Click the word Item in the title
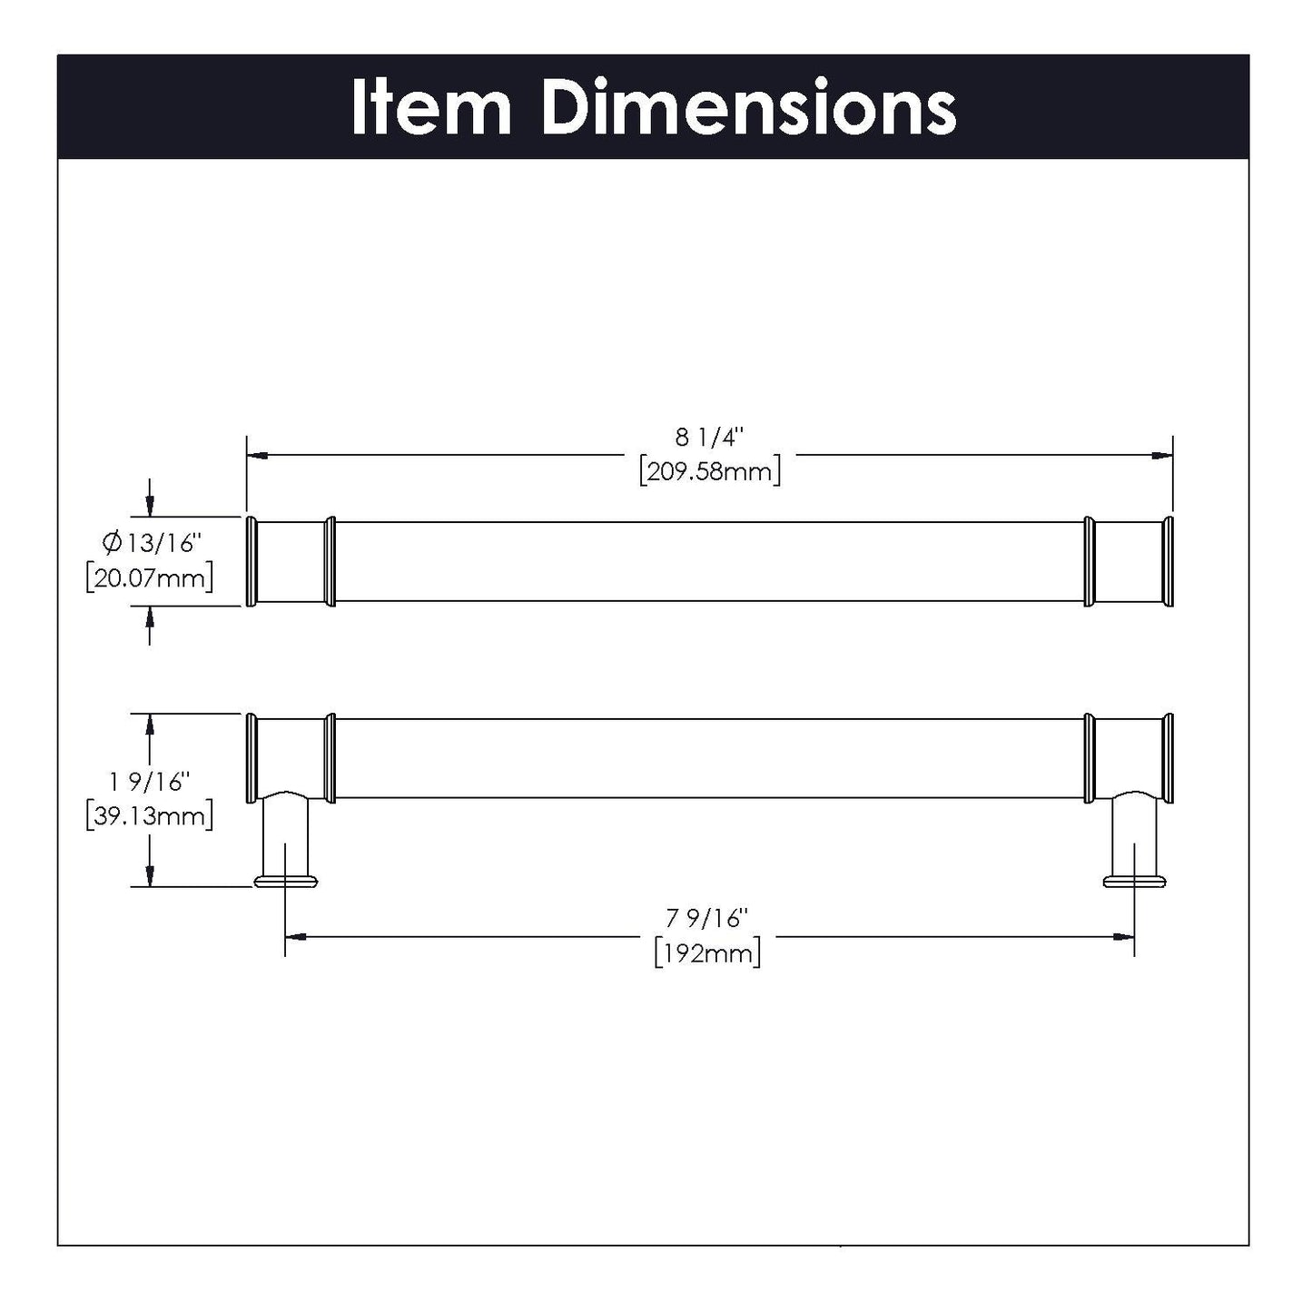pos(431,107)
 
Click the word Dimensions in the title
pos(748,107)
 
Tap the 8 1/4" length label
pos(709,438)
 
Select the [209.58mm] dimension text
pos(709,472)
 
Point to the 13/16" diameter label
pos(163,543)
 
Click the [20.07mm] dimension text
pos(150,577)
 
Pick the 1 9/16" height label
pos(150,781)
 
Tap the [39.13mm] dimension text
pos(150,815)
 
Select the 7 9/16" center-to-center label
pos(709,919)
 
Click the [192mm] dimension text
pos(707,953)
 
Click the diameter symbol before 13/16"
pos(113,543)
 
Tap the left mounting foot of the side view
pos(286,880)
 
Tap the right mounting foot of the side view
pos(1134,880)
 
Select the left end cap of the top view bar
pos(252,561)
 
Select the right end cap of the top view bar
pos(1169,561)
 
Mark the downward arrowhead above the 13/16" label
pos(150,506)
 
